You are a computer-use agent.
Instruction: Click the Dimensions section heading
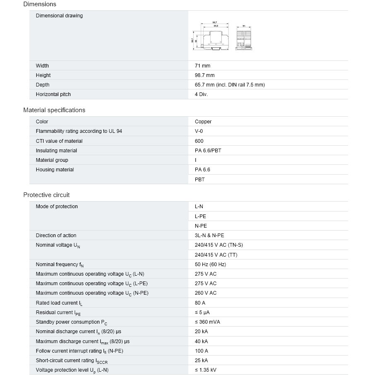[x=40, y=4]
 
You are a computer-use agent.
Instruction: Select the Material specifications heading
[x=54, y=110]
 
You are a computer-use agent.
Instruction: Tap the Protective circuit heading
[x=46, y=195]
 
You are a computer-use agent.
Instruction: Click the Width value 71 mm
[x=202, y=66]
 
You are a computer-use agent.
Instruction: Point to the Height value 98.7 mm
[x=204, y=75]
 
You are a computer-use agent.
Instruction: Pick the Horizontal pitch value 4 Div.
[x=201, y=94]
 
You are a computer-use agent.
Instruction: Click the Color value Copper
[x=203, y=122]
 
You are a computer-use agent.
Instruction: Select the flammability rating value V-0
[x=199, y=131]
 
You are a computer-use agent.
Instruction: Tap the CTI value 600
[x=199, y=141]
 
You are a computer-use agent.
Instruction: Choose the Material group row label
[x=52, y=160]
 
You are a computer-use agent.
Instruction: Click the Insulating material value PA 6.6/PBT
[x=208, y=151]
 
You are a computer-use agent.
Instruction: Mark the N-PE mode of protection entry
[x=201, y=226]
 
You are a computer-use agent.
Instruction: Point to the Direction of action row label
[x=56, y=236]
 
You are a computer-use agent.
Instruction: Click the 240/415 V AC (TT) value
[x=216, y=255]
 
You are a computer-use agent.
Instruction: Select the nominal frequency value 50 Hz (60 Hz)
[x=210, y=264]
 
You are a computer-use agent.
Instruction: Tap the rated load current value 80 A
[x=200, y=303]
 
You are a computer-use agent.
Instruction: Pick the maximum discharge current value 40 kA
[x=201, y=341]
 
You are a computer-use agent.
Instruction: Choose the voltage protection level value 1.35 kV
[x=205, y=370]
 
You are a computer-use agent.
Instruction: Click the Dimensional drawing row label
[x=59, y=16]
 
